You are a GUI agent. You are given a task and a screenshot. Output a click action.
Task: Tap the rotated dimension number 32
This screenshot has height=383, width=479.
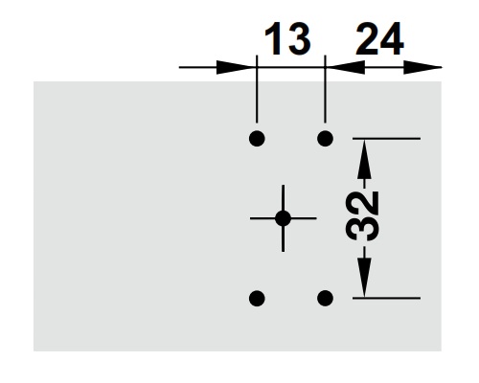pyautogui.click(x=364, y=218)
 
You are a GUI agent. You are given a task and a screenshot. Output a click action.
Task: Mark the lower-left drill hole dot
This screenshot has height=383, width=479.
pyautogui.click(x=257, y=298)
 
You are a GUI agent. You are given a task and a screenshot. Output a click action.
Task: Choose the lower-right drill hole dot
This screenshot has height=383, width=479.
pyautogui.click(x=326, y=298)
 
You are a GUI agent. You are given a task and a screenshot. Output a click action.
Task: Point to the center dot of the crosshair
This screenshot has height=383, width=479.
pyautogui.click(x=283, y=218)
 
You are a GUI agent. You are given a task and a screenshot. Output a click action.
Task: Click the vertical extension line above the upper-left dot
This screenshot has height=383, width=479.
pyautogui.click(x=257, y=96)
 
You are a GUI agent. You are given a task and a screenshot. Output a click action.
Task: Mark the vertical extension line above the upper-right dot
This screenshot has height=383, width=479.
pyautogui.click(x=326, y=96)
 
